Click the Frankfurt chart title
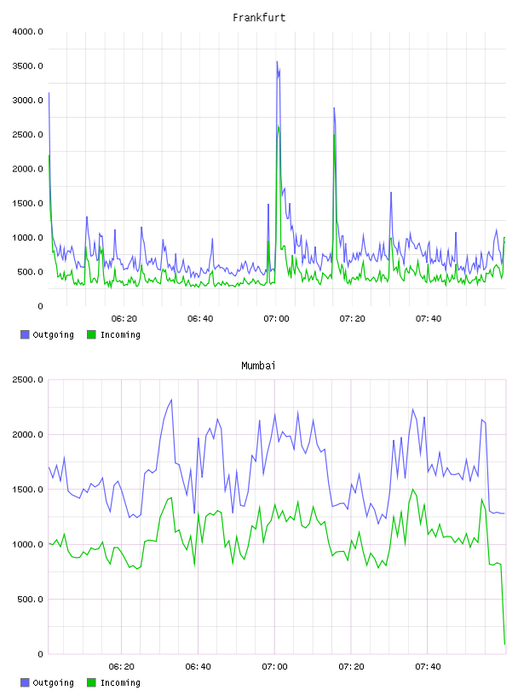click(x=259, y=18)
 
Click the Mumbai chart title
click(x=258, y=366)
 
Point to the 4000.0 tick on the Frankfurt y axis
click(x=28, y=32)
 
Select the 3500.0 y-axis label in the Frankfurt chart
click(x=28, y=67)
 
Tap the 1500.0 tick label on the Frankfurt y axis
click(x=28, y=203)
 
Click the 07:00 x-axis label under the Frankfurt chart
click(x=276, y=319)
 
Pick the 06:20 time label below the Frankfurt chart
click(x=124, y=319)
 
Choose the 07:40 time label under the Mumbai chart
click(x=428, y=667)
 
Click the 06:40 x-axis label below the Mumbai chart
click(x=199, y=667)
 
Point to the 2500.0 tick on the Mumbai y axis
click(x=28, y=380)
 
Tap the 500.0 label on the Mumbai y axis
click(x=31, y=600)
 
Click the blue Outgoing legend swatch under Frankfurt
click(x=25, y=334)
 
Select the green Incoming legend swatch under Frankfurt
click(x=91, y=334)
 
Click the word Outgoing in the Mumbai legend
click(x=53, y=682)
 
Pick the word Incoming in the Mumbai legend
click(x=120, y=682)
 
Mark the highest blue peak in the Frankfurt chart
click(x=277, y=61)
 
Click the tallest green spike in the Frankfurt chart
click(x=278, y=126)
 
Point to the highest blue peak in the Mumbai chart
click(x=171, y=399)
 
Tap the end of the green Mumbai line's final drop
click(x=504, y=644)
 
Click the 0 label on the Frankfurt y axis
click(x=40, y=306)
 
